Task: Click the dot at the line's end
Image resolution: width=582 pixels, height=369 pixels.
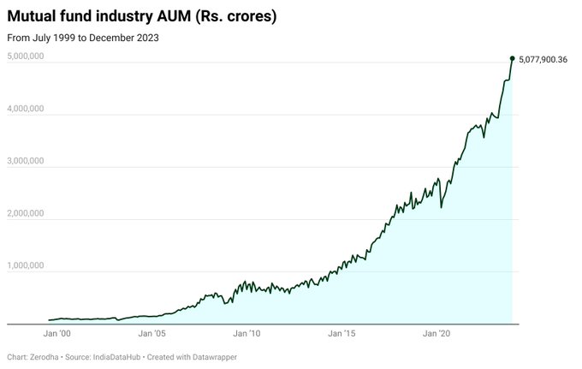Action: point(512,58)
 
